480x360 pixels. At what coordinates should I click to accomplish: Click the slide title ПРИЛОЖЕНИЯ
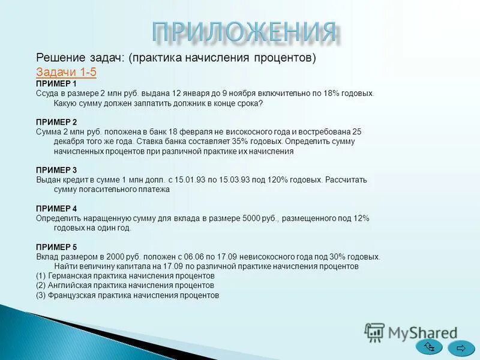point(242,31)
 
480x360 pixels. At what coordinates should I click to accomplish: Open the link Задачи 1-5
point(66,72)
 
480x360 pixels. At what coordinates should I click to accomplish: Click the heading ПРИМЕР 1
point(56,84)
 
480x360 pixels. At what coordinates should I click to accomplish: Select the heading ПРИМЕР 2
point(56,122)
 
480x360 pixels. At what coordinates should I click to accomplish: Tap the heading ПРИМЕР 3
point(56,170)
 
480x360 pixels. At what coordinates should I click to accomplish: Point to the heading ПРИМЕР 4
point(56,208)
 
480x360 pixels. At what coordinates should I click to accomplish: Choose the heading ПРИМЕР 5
point(56,247)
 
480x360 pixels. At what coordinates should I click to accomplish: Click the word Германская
point(71,275)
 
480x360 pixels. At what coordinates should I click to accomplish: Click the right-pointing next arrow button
point(461,347)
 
